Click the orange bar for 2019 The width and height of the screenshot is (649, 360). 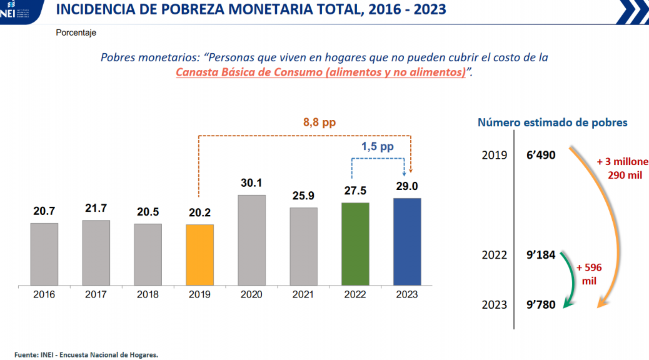click(199, 255)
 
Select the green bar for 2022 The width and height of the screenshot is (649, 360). click(355, 244)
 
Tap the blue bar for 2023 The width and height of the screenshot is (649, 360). click(407, 242)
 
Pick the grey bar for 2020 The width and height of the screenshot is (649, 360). click(251, 241)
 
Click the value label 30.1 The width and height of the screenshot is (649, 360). click(251, 184)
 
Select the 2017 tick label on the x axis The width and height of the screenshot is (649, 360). click(96, 294)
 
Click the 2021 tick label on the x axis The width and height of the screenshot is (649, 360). click(303, 294)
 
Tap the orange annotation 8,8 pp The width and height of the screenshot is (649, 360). click(319, 122)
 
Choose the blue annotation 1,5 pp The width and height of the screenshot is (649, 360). click(377, 147)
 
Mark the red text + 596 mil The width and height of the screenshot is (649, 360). click(589, 274)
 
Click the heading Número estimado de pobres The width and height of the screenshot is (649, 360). click(553, 122)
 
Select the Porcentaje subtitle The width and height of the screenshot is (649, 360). click(76, 32)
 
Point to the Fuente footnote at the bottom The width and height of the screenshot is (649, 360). click(86, 354)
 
